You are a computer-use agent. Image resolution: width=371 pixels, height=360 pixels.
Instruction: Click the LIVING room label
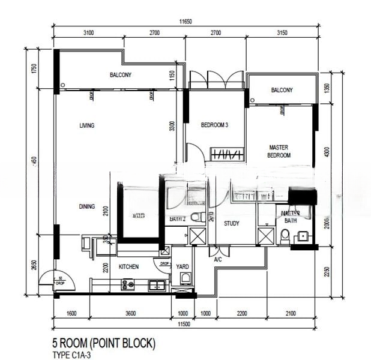[87, 125]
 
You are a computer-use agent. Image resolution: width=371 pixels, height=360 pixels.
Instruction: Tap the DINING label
[86, 207]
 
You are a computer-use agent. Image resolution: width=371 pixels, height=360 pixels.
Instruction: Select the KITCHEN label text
[128, 266]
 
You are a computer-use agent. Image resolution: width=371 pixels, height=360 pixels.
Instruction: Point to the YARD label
[182, 266]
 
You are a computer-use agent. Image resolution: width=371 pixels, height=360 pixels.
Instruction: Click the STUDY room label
[232, 224]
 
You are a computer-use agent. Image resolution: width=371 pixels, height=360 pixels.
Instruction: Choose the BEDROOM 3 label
[214, 125]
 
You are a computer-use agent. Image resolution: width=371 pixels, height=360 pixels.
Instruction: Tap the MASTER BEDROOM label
[279, 151]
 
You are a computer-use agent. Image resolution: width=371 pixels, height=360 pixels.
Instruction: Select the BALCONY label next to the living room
[120, 75]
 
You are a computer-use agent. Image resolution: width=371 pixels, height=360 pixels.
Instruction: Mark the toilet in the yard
[185, 278]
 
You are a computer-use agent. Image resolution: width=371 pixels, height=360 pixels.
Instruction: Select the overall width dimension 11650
[185, 22]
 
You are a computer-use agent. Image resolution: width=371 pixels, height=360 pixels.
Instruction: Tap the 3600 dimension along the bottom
[130, 313]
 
